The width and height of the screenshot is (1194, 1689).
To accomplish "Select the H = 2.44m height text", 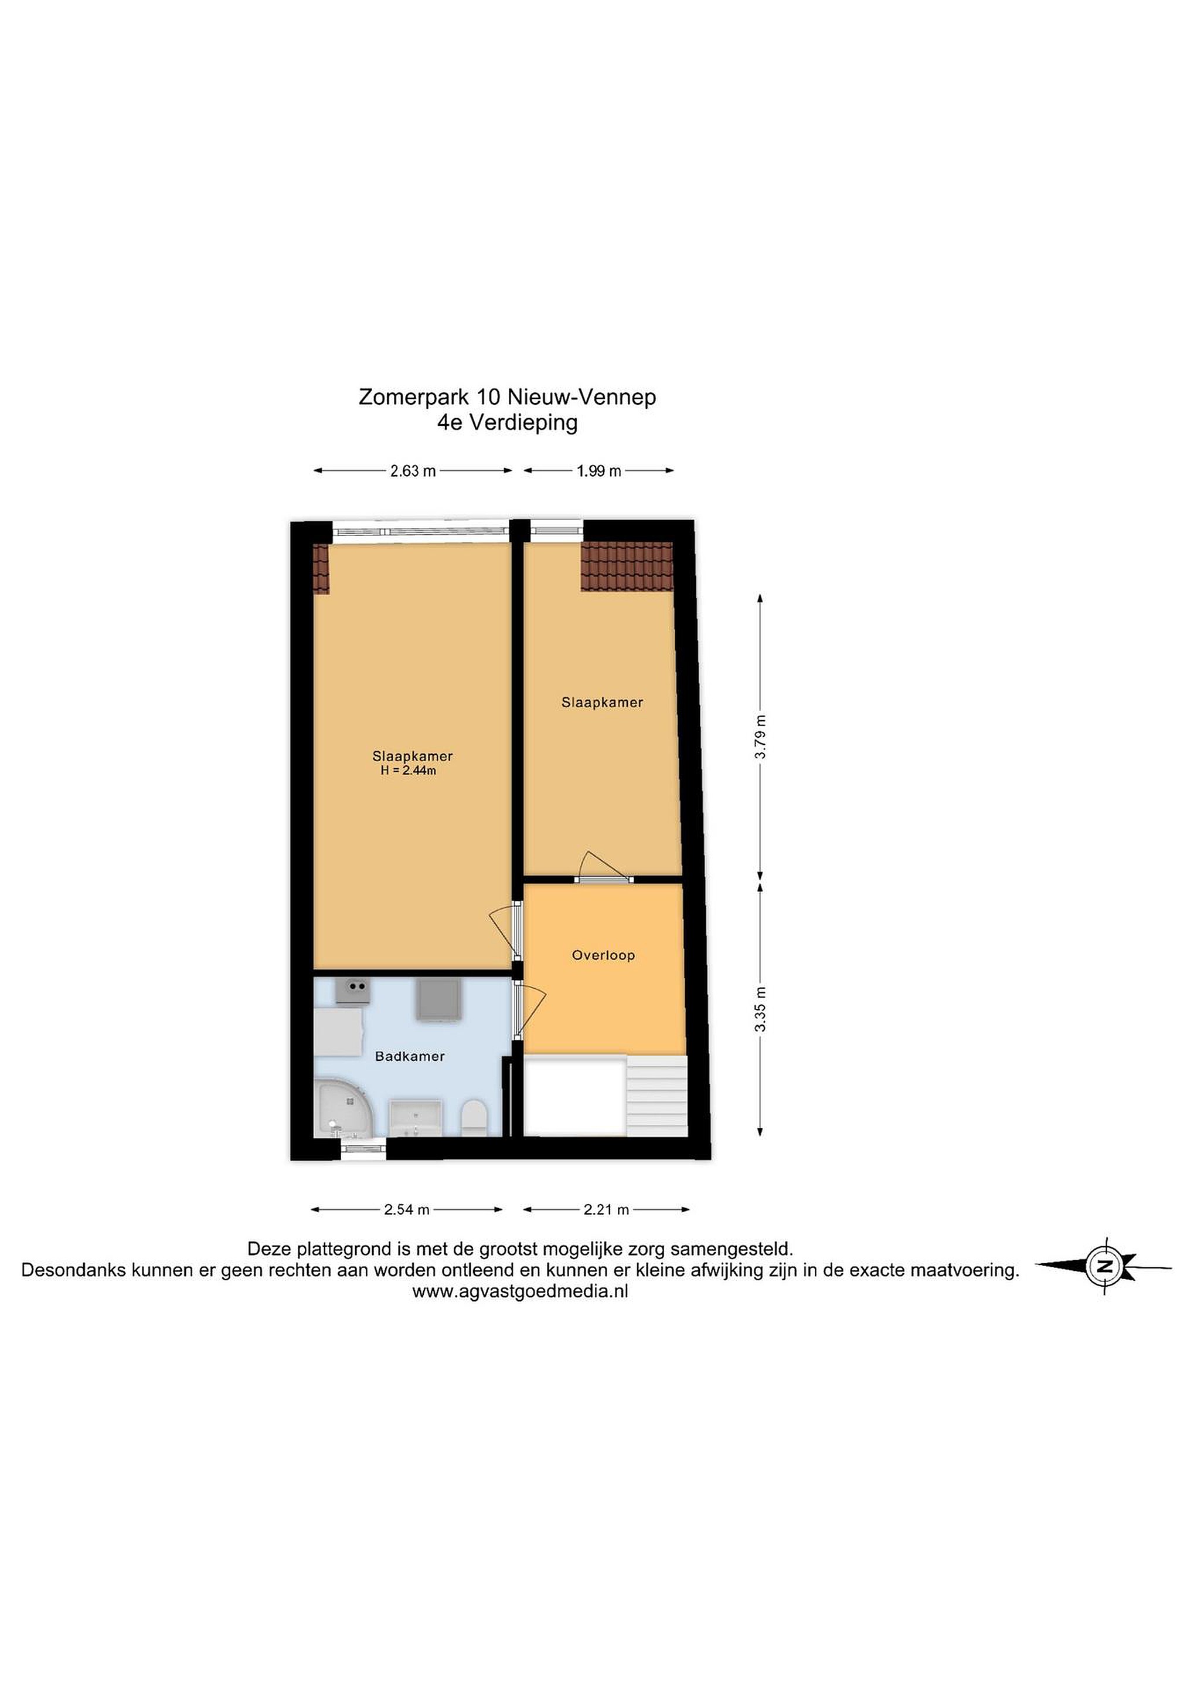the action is pos(408,771).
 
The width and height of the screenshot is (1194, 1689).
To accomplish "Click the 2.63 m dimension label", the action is pos(413,471).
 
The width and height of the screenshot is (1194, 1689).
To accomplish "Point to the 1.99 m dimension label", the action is pos(598,471).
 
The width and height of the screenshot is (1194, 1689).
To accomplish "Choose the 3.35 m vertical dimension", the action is pos(761,1009).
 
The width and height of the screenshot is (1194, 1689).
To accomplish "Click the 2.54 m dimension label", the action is pos(407,1209).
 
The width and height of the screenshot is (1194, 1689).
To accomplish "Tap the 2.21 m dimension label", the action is pos(607,1209).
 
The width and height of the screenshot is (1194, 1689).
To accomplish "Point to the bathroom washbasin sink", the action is pos(414,1119).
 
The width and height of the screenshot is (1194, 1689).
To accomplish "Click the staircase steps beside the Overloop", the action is pos(656,1096).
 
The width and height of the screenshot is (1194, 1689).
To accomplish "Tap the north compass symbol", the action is pos(1104,1266).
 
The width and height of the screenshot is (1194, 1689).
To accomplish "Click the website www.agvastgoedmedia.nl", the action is pos(520,1291).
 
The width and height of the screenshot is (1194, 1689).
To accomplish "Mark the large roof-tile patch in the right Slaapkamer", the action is pos(627,567).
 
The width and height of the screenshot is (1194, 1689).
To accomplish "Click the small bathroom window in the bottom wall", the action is pos(364,1148).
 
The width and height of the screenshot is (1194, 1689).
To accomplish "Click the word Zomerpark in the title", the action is pos(414,397).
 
